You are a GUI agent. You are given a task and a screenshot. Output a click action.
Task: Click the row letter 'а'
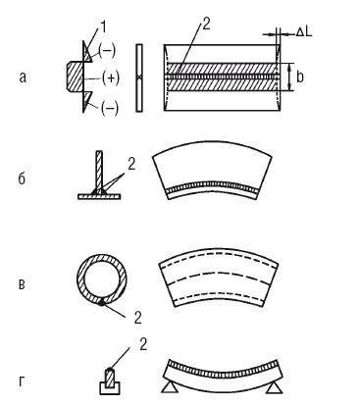[x=23, y=77]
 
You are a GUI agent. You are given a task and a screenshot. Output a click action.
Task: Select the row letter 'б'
[x=22, y=178]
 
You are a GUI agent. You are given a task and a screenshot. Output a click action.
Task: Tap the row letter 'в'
[x=22, y=284]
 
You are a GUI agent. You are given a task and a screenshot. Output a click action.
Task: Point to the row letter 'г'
[x=22, y=381]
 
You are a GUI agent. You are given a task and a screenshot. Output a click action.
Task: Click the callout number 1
[x=103, y=27]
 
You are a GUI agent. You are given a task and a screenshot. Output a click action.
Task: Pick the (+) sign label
[x=111, y=77]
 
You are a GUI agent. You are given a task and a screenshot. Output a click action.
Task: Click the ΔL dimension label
[x=304, y=32]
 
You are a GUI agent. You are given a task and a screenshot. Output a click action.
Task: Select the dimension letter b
[x=300, y=76]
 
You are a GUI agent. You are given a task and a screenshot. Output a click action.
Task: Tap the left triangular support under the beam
[x=170, y=387]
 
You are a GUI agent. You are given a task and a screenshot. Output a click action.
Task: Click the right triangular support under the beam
[x=275, y=388]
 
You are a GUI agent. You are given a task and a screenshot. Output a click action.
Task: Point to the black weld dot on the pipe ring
[x=102, y=303]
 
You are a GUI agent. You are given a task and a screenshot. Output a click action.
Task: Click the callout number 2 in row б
[x=131, y=164]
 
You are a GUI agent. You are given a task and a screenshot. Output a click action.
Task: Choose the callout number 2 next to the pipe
[x=138, y=317]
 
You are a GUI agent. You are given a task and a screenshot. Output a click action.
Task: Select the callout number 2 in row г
[x=143, y=344]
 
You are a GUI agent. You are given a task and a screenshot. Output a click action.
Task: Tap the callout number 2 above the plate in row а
[x=206, y=25]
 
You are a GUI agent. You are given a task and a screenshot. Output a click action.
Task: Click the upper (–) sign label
[x=107, y=51]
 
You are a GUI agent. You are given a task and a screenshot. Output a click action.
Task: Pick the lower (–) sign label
[x=110, y=109]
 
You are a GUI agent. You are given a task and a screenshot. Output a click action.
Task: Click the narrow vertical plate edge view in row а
[x=139, y=77]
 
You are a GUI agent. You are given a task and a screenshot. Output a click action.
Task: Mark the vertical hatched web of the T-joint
[x=99, y=171]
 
